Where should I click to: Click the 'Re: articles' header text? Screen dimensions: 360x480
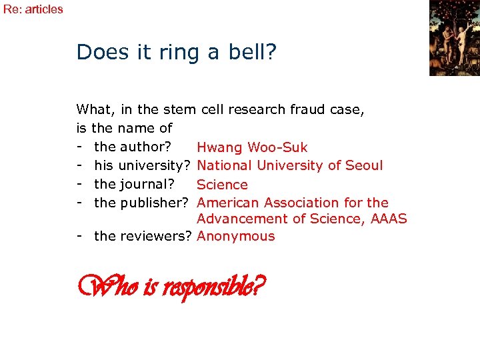(x=33, y=9)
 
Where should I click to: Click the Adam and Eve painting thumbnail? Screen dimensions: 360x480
(x=454, y=38)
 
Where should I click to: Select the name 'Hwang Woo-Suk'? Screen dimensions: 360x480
(x=252, y=147)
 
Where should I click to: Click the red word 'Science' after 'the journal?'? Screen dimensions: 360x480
(x=222, y=185)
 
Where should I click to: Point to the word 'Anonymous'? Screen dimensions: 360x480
(x=236, y=236)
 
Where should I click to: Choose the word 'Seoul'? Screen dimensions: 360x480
(x=363, y=165)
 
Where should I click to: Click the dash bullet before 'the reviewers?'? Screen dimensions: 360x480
(x=80, y=236)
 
